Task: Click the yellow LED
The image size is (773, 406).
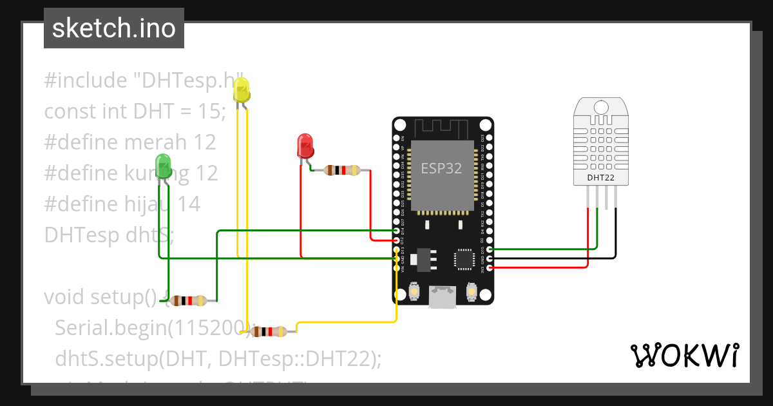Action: (x=242, y=90)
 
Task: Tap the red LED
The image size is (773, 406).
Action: (x=305, y=146)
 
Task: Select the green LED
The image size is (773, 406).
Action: (x=164, y=166)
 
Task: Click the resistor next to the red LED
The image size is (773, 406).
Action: (x=341, y=170)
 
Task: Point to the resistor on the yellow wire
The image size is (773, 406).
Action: (x=269, y=332)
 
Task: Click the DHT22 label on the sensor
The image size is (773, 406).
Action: (x=600, y=177)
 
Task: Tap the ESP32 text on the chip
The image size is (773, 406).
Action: (x=441, y=169)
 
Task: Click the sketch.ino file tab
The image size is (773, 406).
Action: (x=114, y=28)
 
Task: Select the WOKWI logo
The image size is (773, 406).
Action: (x=684, y=355)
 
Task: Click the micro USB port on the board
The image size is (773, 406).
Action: (x=443, y=297)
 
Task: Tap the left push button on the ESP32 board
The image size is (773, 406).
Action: (x=415, y=293)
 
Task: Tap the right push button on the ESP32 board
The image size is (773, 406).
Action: (x=472, y=293)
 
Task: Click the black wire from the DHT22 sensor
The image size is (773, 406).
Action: (x=615, y=232)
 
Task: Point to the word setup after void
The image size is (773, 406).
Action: (x=123, y=297)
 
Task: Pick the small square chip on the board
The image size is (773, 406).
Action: (x=464, y=258)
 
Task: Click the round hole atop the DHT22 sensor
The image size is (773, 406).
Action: (x=600, y=106)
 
